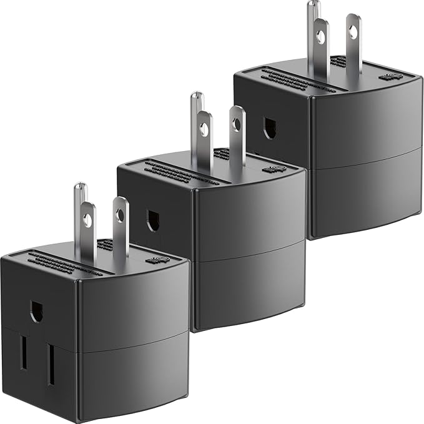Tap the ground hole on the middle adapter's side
tap(153, 220)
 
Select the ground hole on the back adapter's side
tap(270, 129)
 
